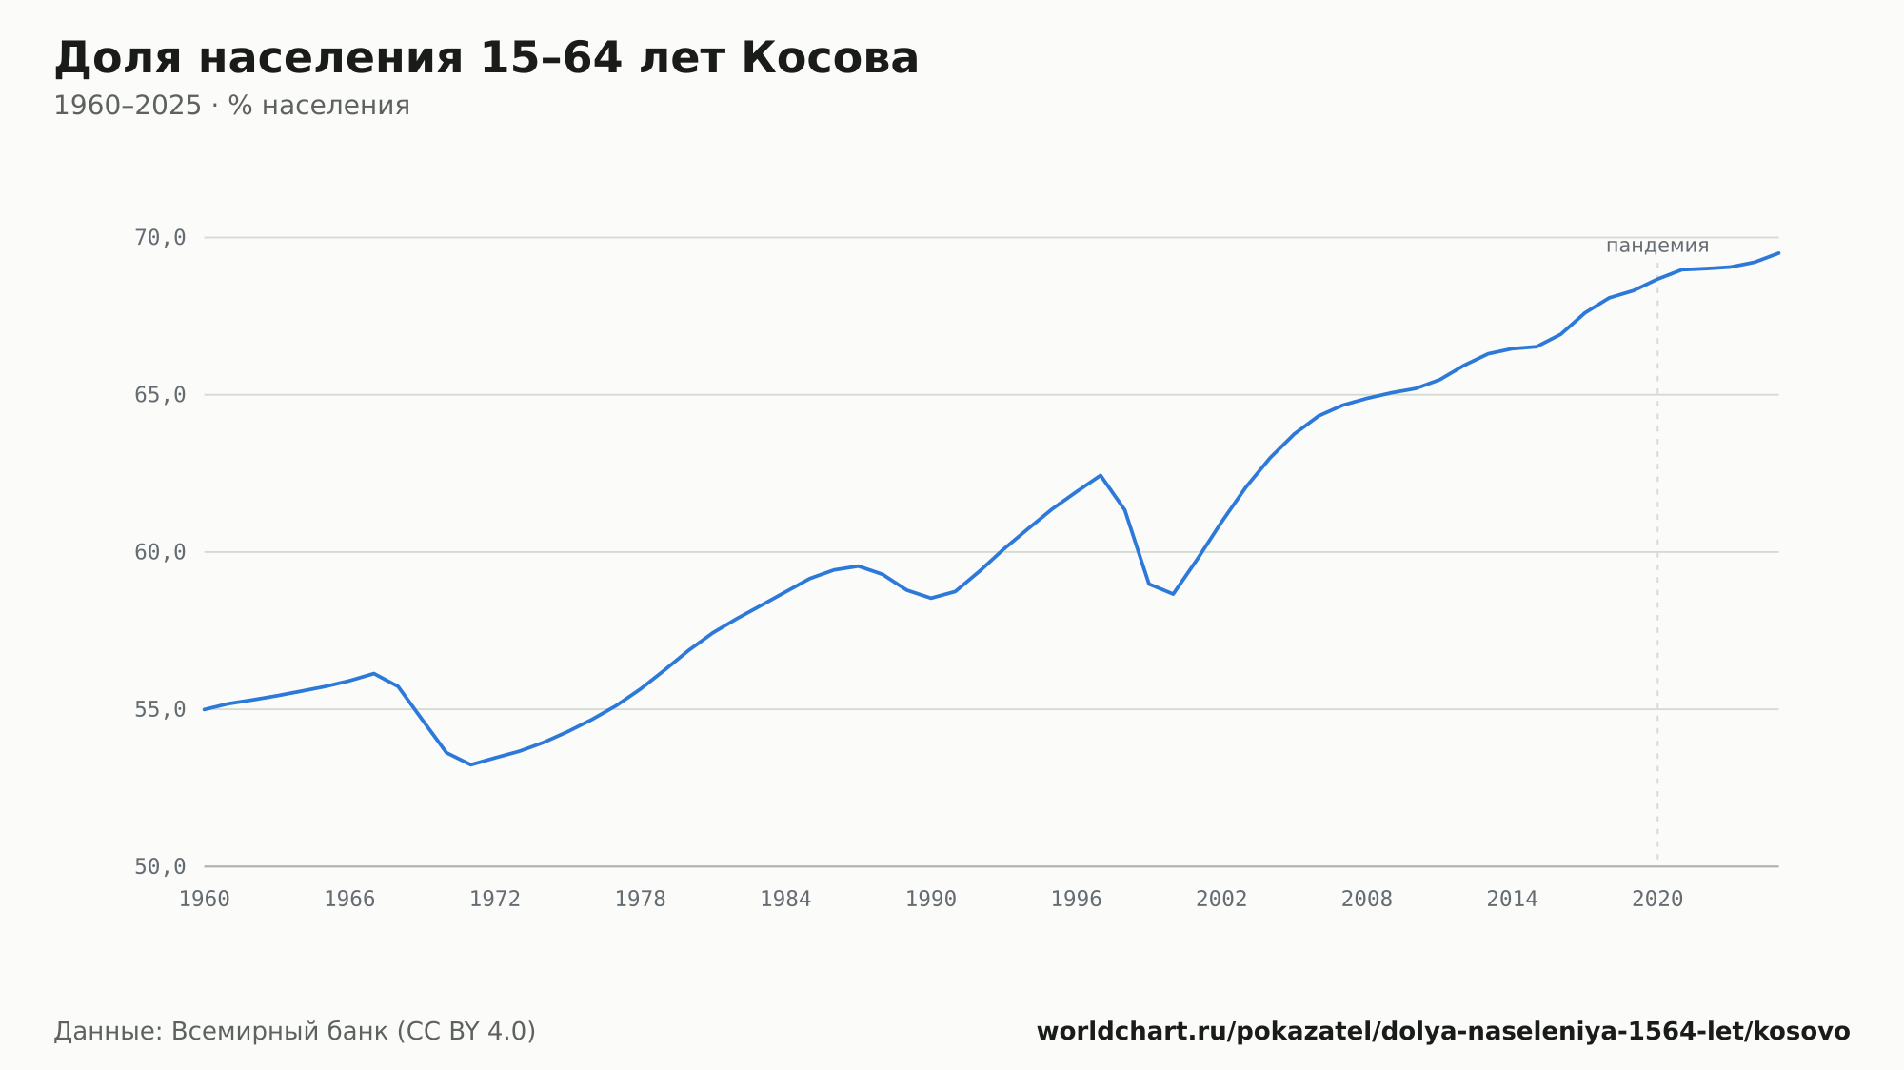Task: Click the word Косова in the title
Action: [829, 58]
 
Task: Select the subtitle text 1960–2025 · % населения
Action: [231, 106]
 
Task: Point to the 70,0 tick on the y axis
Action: [160, 238]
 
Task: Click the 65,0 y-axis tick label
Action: [160, 395]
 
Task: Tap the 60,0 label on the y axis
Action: [160, 552]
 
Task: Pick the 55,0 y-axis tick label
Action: [160, 709]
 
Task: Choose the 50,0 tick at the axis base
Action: [160, 866]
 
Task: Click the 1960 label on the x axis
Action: [205, 900]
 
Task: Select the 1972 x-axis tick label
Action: [495, 900]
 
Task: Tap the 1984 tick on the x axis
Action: [785, 900]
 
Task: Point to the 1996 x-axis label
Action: [1076, 900]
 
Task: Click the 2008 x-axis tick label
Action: [1367, 900]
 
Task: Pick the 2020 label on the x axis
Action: [1657, 900]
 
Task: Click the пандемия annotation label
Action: [1657, 246]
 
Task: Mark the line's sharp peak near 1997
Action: [1101, 475]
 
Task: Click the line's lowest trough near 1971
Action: [470, 764]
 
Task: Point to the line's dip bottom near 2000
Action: [1173, 594]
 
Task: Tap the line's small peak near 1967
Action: [374, 673]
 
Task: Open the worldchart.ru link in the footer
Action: [1443, 1032]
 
